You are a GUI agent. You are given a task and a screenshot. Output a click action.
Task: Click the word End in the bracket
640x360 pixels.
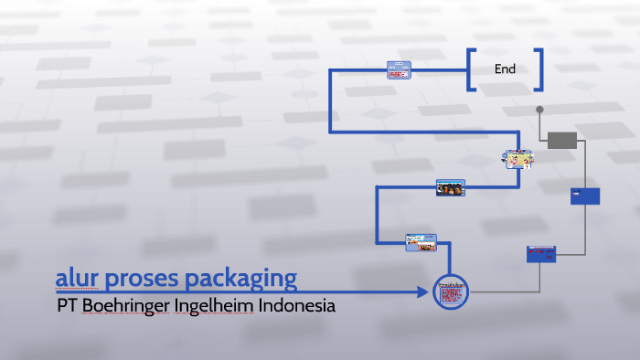[505, 69]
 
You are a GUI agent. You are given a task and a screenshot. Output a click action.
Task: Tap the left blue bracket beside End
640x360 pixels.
[471, 69]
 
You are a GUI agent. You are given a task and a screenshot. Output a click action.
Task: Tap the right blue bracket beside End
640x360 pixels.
[539, 69]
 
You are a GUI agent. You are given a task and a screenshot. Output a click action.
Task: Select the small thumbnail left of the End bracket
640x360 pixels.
[400, 70]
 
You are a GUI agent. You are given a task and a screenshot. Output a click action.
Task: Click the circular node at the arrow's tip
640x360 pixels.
[451, 292]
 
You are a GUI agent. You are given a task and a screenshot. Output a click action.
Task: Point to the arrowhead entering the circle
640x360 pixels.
[422, 292]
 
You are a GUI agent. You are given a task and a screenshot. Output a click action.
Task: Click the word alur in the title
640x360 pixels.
[74, 277]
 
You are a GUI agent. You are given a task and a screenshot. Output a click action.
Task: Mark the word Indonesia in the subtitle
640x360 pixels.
[297, 306]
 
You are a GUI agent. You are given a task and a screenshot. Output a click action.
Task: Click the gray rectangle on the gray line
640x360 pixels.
[562, 140]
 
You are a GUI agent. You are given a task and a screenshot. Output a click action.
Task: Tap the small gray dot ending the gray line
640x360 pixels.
[539, 110]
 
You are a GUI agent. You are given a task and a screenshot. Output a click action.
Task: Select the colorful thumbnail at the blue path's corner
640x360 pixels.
[517, 160]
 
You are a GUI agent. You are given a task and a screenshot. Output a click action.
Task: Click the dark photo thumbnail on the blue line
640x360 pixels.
[449, 188]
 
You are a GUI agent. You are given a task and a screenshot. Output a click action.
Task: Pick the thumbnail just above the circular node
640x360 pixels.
[421, 242]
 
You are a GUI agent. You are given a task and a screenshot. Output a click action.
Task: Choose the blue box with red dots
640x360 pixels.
[540, 254]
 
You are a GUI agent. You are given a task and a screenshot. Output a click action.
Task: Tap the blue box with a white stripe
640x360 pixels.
[585, 196]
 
